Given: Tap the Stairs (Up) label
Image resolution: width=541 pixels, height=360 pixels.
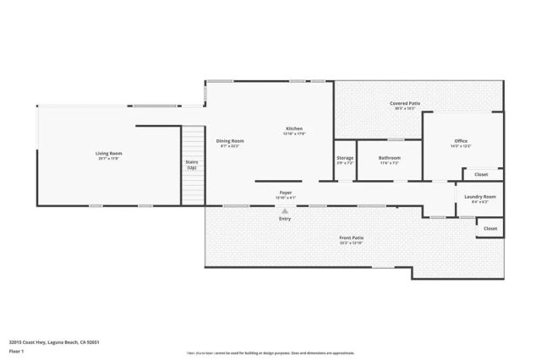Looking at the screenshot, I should coord(192,165).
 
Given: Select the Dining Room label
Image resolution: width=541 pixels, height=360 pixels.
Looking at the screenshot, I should coord(230,140).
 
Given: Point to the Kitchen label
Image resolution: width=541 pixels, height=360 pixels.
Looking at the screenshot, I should coord(293,128).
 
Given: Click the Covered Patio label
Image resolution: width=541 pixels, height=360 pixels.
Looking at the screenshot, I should coord(406,103).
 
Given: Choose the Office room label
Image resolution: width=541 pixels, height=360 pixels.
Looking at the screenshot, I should coord(461,140).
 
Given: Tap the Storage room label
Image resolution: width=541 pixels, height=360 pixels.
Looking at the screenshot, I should coord(345,157).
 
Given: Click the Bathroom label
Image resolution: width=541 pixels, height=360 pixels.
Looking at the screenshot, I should coord(390,157).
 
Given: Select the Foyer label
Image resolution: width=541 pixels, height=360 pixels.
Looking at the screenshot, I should coord(286,193).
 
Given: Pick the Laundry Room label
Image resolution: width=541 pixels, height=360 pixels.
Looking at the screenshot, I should coord(480,196).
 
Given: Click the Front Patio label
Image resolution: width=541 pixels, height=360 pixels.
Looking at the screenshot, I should coord(351,238).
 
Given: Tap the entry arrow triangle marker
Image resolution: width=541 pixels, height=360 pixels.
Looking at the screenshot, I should coord(285,210).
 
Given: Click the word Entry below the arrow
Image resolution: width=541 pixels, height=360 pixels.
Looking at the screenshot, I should coord(285,219).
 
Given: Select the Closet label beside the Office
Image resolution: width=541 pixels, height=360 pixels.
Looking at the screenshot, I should coord(481,174).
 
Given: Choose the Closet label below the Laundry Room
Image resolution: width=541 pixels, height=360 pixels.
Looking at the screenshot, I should coord(490,228).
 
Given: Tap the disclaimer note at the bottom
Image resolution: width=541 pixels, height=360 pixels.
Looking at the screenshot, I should coord(270,352).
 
